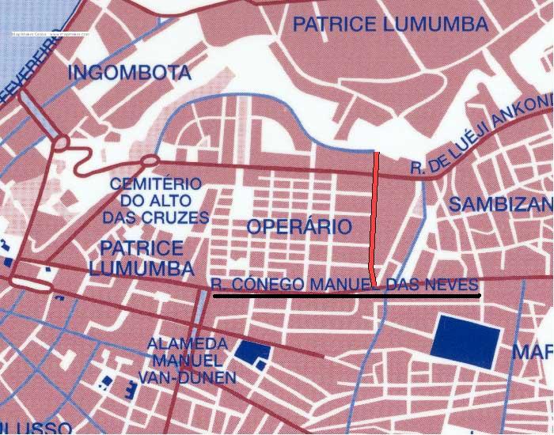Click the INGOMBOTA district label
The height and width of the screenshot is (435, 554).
(130, 74)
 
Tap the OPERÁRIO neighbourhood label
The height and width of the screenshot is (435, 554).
(298, 227)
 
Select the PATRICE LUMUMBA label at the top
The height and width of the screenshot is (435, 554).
(390, 25)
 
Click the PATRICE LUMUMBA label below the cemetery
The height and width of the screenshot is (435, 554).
(141, 257)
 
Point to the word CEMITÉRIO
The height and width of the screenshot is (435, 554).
(156, 183)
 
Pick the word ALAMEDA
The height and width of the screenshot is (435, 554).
(188, 344)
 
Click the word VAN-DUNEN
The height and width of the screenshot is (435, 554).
(187, 377)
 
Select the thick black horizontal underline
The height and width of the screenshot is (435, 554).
(347, 296)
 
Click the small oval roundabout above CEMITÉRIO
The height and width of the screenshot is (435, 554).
(150, 162)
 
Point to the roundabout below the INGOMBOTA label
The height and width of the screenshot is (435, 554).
(60, 144)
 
